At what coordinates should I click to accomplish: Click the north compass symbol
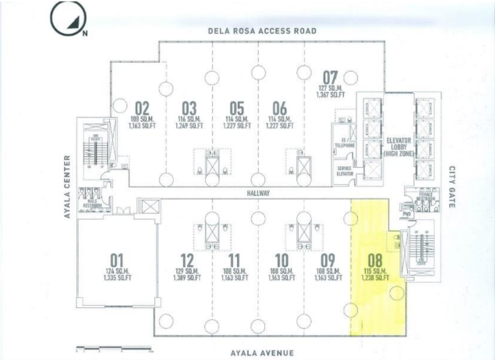(x=66, y=20)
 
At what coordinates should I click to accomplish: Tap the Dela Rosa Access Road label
(x=262, y=31)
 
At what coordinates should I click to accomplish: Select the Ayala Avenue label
(x=261, y=353)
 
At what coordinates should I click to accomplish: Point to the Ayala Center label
(x=68, y=186)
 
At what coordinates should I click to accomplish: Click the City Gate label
(x=451, y=188)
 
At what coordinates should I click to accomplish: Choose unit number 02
(x=142, y=109)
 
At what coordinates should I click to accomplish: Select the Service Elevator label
(x=346, y=171)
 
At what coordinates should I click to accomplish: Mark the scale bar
(x=114, y=349)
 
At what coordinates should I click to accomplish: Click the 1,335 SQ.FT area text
(x=119, y=277)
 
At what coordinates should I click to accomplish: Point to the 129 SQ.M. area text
(x=187, y=271)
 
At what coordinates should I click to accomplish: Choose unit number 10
(x=281, y=260)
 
